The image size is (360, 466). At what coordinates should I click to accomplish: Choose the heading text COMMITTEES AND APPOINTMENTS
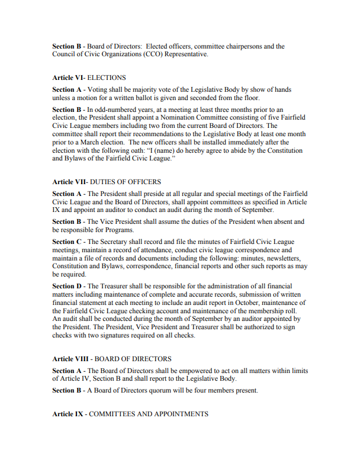(149, 414)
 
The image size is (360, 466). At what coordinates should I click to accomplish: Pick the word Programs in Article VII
(121, 230)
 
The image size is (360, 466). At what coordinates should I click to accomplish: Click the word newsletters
(283, 258)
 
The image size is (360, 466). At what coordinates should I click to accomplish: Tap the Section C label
(67, 242)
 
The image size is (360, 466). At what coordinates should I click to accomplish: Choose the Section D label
(67, 287)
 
